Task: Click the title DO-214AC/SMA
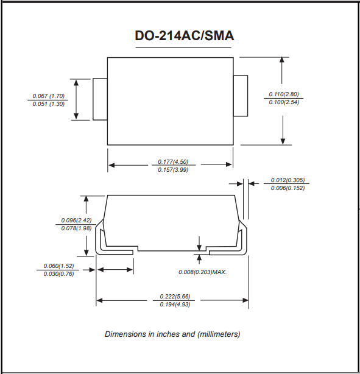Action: click(x=184, y=35)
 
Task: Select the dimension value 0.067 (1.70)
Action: click(x=49, y=96)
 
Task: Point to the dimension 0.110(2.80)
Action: click(x=284, y=94)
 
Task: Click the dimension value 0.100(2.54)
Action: click(x=284, y=102)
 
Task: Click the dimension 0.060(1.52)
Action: click(x=58, y=266)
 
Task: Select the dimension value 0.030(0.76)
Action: click(x=58, y=273)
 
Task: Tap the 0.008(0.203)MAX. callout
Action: click(x=202, y=271)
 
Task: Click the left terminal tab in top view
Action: click(x=100, y=99)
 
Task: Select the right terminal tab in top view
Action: click(x=241, y=96)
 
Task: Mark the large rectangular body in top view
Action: click(x=170, y=101)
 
